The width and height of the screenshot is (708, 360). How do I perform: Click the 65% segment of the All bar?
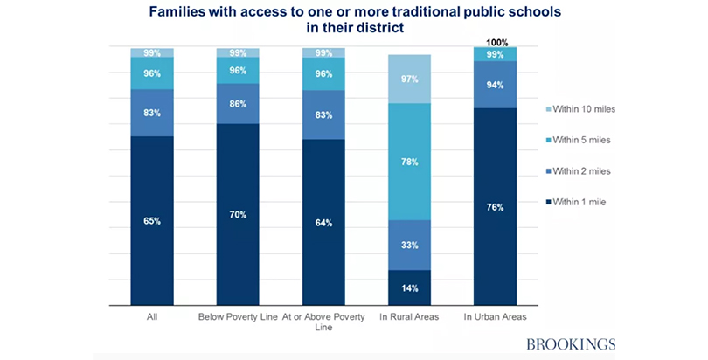pos(152,220)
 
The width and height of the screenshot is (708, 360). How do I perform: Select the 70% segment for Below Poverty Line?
pos(238,214)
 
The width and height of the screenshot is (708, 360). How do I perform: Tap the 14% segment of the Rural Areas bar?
pos(410,287)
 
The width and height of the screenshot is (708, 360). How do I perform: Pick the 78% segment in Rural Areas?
pos(410,162)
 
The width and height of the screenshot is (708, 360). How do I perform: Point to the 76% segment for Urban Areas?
pos(496,206)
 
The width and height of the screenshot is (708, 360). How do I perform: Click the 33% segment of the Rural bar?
pos(410,245)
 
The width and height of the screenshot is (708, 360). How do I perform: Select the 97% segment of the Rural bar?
pos(410,80)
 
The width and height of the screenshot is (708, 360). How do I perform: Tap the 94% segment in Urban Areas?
pos(496,85)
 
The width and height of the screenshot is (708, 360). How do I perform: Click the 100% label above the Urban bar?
pos(496,42)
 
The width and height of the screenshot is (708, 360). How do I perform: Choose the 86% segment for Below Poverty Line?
pos(238,103)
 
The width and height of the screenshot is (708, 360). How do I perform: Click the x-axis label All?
pos(152,317)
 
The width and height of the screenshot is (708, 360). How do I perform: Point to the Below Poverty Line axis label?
pos(238,317)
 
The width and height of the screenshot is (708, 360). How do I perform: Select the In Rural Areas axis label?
pos(410,317)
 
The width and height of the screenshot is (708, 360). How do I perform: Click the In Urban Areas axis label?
pos(496,317)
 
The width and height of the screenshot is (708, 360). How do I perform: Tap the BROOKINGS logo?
pos(569,343)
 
